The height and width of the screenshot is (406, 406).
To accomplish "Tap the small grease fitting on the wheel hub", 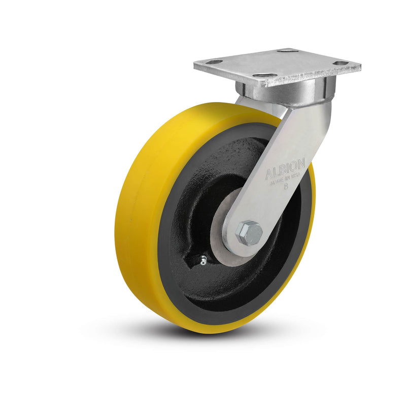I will click(x=202, y=261).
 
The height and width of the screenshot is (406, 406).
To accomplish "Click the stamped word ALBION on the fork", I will click(x=285, y=168).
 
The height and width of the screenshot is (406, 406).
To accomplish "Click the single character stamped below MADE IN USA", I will click(x=286, y=186).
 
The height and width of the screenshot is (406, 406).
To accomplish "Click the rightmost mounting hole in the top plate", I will click(x=341, y=63).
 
